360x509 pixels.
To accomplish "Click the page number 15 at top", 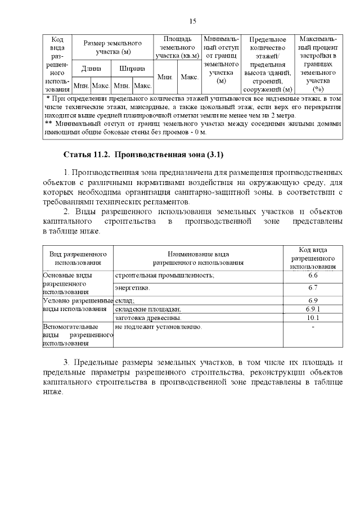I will click(192, 21).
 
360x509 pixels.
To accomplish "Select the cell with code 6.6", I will click(313, 276).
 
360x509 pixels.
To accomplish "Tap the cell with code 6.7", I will click(313, 288).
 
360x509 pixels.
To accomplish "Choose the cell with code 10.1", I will click(313, 318).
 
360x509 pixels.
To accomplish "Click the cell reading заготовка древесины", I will click(148, 318).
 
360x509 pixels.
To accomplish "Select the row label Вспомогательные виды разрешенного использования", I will click(78, 335).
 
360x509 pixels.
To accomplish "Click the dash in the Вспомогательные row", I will click(313, 327).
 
